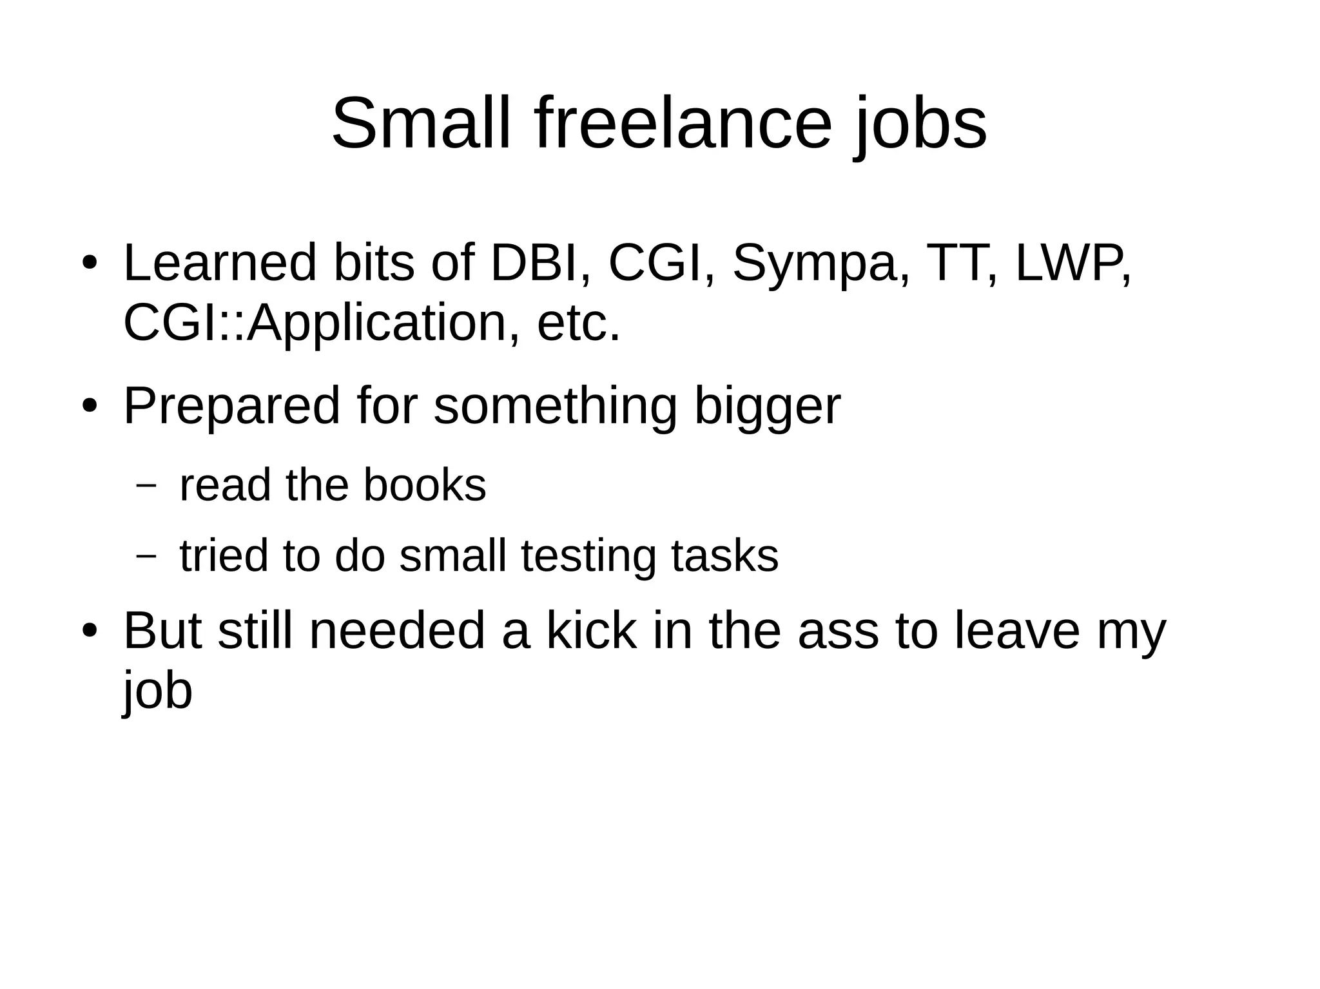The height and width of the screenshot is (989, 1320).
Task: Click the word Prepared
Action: (x=231, y=407)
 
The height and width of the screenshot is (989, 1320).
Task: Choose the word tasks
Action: (x=724, y=555)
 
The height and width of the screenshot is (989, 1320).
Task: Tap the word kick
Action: (x=591, y=631)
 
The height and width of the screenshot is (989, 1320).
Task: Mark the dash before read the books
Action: (x=147, y=486)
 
